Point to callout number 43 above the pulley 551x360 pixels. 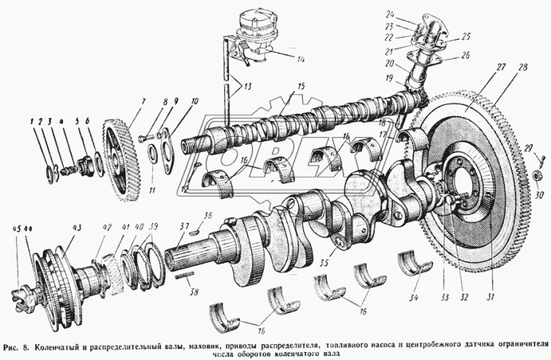pos(75,226)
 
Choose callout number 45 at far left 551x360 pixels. pos(15,229)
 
